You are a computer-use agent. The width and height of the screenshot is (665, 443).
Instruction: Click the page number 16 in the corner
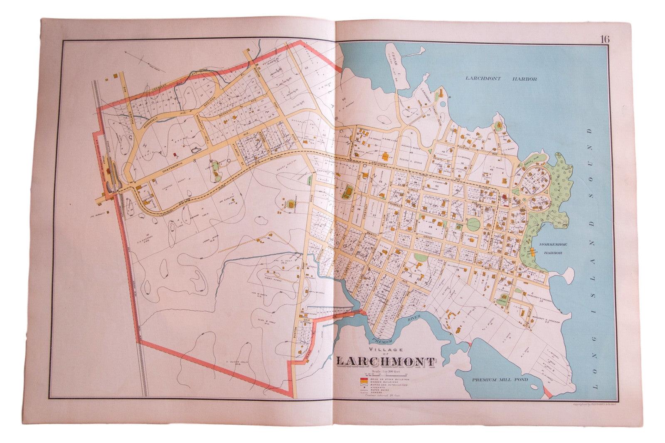(604, 39)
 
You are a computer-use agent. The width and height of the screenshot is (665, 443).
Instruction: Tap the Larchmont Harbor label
(501, 79)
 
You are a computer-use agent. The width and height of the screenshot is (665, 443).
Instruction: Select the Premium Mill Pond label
(500, 379)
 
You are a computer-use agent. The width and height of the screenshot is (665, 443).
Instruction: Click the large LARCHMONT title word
(385, 362)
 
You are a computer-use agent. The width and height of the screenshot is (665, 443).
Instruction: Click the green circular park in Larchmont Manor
(473, 225)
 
